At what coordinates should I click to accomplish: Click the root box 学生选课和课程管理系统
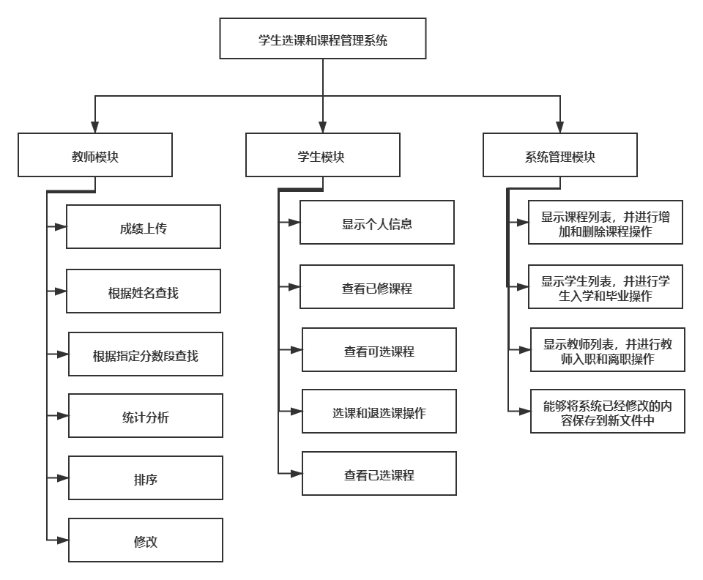click(x=323, y=39)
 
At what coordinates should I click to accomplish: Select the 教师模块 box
click(x=95, y=155)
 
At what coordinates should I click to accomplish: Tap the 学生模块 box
click(x=323, y=155)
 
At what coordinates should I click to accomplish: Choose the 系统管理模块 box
click(x=560, y=155)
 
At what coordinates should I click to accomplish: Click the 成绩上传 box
click(x=144, y=227)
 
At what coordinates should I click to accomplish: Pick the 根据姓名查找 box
click(x=144, y=291)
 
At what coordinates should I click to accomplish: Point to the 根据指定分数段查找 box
click(x=146, y=355)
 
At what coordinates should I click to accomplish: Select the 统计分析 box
click(x=146, y=416)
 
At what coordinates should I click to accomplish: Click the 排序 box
click(x=146, y=478)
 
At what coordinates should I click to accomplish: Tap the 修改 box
click(x=146, y=540)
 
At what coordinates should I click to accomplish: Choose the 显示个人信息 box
click(x=377, y=223)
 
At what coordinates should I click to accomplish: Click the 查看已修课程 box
click(x=377, y=287)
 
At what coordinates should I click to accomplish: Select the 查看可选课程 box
click(x=379, y=350)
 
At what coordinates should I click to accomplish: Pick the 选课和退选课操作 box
click(x=379, y=412)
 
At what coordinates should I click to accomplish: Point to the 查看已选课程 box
click(x=379, y=473)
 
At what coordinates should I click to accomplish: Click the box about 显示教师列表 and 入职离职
click(x=608, y=350)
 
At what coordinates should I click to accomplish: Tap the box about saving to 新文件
click(x=608, y=412)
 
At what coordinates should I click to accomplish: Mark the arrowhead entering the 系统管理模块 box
click(x=560, y=127)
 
